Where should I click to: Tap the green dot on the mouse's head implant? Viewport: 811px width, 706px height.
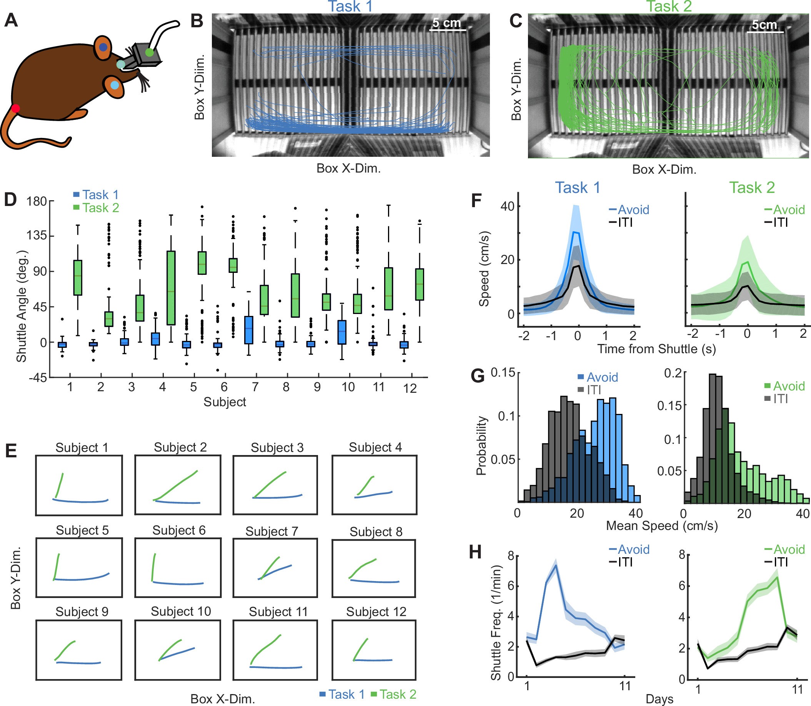pos(149,51)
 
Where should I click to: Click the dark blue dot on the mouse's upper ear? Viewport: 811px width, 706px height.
pos(103,47)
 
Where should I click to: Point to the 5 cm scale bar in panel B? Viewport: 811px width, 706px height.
pos(447,29)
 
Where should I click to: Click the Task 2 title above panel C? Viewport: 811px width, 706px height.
pos(669,6)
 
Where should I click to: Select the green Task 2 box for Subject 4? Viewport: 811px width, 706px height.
pos(171,287)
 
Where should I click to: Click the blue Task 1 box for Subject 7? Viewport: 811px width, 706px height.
pos(248,330)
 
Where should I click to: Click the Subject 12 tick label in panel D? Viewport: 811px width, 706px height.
pos(410,389)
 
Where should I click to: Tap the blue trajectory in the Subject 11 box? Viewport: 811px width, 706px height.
pos(276,668)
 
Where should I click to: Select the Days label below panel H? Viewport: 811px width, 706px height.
pos(659,699)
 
